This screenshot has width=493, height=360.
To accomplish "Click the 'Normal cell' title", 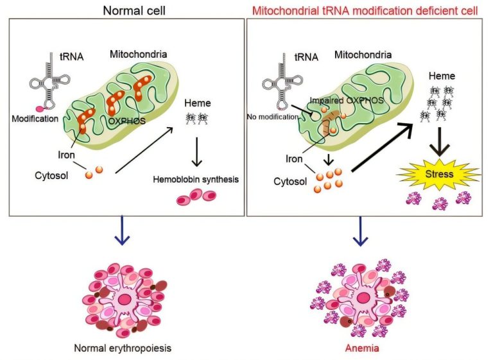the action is [134, 11].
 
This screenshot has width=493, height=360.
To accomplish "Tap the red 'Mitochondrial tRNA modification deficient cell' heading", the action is [365, 11].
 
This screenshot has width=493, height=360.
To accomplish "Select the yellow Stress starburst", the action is [440, 175].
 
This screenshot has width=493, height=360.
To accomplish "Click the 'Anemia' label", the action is [362, 348].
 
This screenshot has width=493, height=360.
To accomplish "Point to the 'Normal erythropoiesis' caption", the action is [123, 348].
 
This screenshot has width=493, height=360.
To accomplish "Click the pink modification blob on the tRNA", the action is [40, 109].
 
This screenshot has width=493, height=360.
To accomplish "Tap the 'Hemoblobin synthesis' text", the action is [196, 180].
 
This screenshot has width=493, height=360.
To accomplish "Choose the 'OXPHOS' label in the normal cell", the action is [127, 121].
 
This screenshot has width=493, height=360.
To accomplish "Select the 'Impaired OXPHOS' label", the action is [347, 100].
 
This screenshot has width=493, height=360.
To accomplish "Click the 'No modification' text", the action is [273, 117].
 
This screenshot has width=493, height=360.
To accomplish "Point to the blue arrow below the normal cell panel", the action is [123, 230].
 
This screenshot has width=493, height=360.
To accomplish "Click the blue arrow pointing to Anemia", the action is [360, 231].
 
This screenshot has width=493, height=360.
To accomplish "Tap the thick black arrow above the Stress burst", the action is [440, 141].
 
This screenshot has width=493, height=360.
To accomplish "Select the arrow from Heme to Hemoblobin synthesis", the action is [197, 151].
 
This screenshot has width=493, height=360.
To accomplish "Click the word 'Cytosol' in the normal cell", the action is [51, 175].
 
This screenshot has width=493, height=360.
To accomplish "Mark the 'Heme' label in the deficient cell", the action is [442, 76].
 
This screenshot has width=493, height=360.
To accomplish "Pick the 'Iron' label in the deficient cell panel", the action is [294, 159].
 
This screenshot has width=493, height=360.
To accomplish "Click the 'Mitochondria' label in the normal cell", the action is [139, 54].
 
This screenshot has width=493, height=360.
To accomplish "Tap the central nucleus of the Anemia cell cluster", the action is [363, 297].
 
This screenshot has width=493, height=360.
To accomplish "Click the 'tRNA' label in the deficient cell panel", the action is [307, 57].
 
